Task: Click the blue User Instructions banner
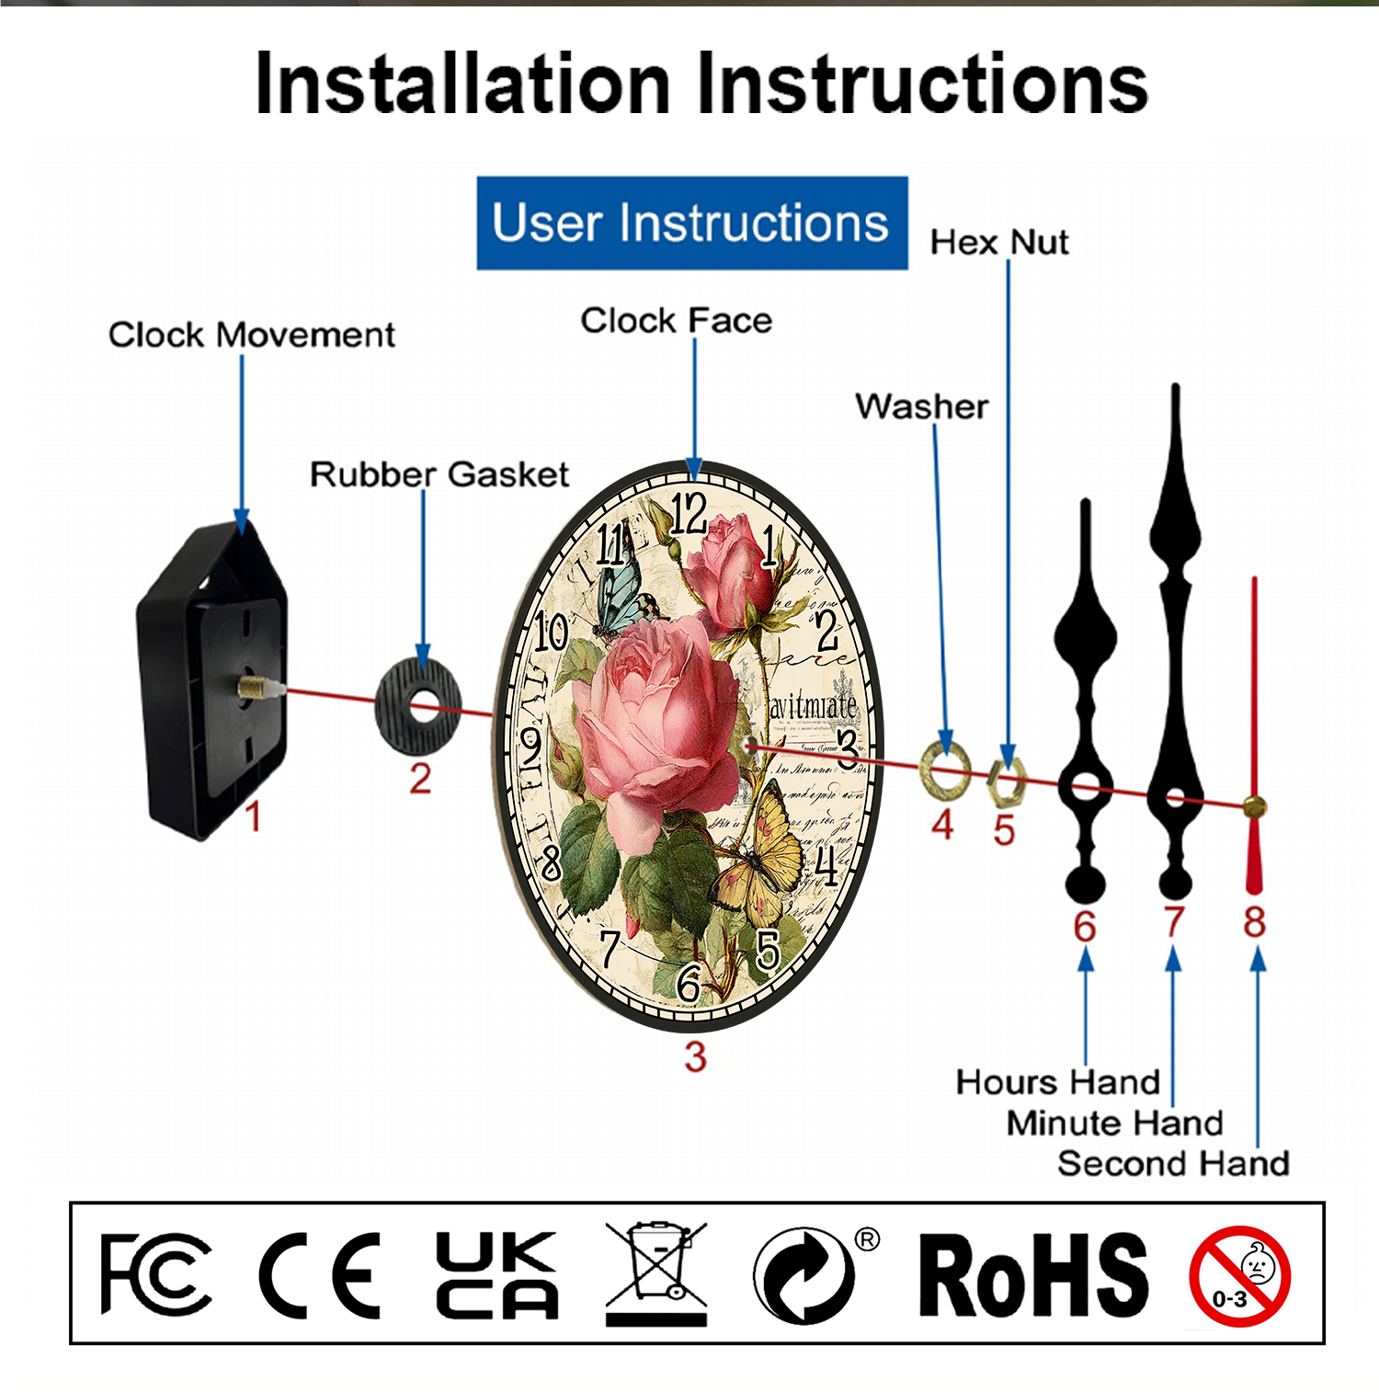(x=691, y=223)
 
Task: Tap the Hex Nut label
(x=999, y=243)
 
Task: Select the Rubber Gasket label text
(x=439, y=474)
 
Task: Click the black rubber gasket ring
(x=418, y=707)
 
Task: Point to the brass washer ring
(x=945, y=766)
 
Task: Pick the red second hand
(x=1254, y=736)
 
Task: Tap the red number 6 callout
(x=1085, y=926)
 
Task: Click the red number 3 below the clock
(x=695, y=1057)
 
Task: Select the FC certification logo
(x=154, y=1273)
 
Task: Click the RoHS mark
(x=1033, y=1275)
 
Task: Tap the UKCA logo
(x=496, y=1274)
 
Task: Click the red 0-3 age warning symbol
(x=1239, y=1276)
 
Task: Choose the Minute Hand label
(x=1114, y=1124)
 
